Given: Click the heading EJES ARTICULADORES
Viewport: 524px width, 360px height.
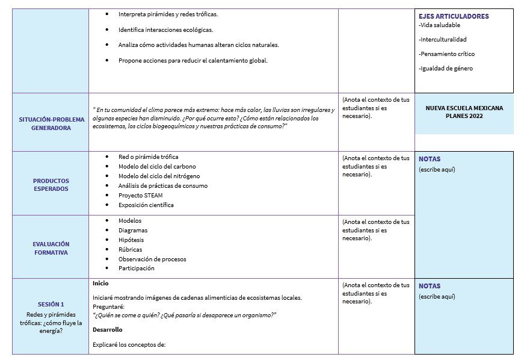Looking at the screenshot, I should click(x=454, y=16).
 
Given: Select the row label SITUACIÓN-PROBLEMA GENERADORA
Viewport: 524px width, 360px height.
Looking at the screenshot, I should click(x=51, y=123).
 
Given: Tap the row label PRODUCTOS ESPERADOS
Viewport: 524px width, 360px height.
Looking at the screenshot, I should click(x=51, y=184).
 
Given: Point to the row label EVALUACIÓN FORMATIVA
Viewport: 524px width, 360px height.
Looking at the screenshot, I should click(x=51, y=248).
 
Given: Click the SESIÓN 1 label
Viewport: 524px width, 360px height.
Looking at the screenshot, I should click(x=51, y=304).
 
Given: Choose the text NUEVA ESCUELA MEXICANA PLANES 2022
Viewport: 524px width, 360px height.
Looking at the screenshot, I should click(x=464, y=112).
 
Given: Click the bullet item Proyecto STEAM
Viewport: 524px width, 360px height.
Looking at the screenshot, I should click(x=140, y=195).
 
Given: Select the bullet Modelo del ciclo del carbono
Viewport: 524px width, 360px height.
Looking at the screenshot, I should click(x=157, y=166).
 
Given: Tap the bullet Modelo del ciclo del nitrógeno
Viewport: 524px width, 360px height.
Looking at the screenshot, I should click(x=159, y=176).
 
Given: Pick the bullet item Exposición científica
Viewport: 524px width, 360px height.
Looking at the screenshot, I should click(x=146, y=205).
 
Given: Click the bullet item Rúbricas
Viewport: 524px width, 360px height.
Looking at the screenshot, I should click(x=130, y=249).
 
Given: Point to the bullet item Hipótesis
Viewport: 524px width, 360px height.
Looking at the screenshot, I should click(x=132, y=240).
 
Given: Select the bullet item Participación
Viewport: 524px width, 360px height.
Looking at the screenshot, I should click(x=136, y=268).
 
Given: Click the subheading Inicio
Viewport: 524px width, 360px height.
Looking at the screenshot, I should click(x=100, y=283).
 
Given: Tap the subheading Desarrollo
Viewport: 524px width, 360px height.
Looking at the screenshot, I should click(x=107, y=330).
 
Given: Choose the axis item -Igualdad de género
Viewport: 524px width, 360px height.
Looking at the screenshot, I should click(x=446, y=69).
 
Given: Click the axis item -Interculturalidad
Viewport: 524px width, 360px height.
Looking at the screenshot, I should click(x=442, y=40).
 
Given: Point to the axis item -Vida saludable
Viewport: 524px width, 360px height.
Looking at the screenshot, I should click(x=439, y=25).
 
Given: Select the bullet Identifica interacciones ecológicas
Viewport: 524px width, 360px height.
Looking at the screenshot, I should click(x=165, y=29).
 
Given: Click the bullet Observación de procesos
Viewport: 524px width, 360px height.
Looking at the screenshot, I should click(x=152, y=259).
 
